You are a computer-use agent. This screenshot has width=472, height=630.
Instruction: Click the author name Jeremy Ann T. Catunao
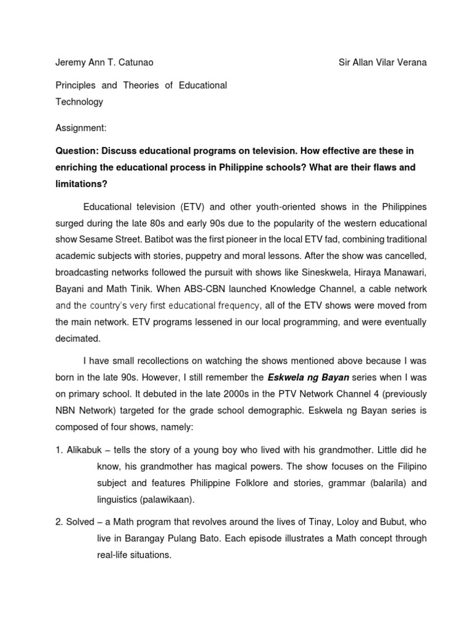(104, 63)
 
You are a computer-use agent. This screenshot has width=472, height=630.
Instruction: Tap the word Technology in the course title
(79, 102)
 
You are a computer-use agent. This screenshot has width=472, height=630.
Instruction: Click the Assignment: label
(81, 128)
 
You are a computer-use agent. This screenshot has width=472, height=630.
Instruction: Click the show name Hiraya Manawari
(393, 272)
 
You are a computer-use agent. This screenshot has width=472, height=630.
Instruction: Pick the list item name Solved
(80, 522)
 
